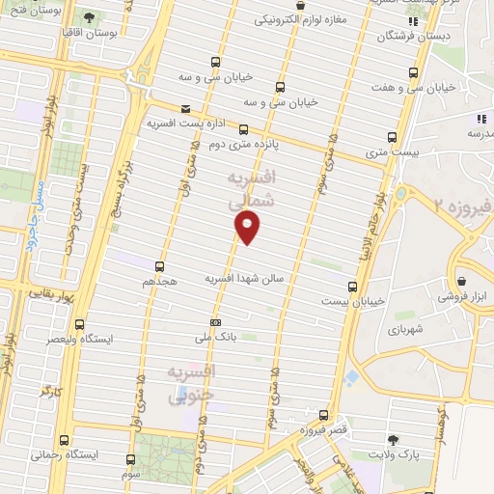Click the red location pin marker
(x=248, y=227)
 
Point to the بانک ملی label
(x=215, y=338)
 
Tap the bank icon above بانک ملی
(x=215, y=322)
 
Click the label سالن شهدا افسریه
(x=244, y=278)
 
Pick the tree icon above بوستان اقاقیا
(x=89, y=17)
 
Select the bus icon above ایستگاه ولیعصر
(x=78, y=324)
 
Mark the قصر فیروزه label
(x=323, y=427)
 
